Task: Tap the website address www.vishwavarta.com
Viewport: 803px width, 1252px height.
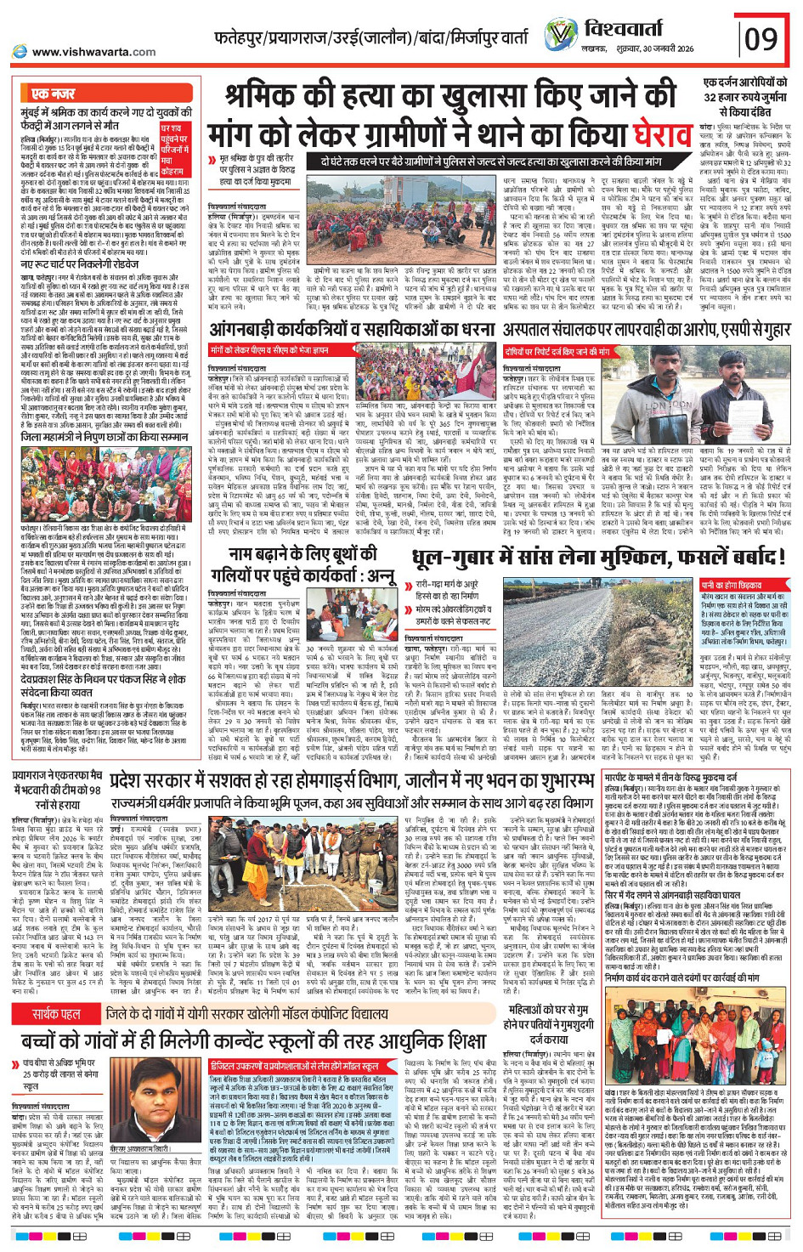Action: click(x=85, y=52)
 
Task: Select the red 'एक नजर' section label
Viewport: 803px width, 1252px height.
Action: click(x=54, y=93)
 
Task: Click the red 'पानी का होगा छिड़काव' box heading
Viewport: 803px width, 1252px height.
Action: click(x=731, y=586)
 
